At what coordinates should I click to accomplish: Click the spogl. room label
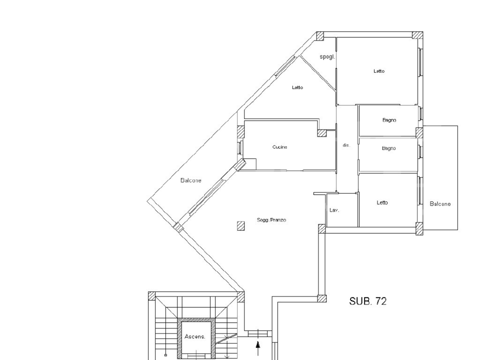pos(327,57)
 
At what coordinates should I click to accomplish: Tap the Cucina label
pos(279,147)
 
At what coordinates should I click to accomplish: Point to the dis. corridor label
pos(346,145)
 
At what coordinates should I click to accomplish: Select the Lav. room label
pos(334,210)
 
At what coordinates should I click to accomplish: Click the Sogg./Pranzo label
pos(271,220)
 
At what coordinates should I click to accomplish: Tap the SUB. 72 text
pos(367,301)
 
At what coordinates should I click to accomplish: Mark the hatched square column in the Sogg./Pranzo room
pos(241,226)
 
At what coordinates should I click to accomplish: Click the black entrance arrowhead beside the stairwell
pos(258,344)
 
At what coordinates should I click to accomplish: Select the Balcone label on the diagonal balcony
pos(191,180)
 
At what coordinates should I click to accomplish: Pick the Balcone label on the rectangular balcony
pos(440,204)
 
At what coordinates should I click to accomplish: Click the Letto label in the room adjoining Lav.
pos(382,203)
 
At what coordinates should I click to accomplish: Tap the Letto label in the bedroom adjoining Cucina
pos(297,88)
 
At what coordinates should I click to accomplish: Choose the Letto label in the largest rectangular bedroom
pos(379,71)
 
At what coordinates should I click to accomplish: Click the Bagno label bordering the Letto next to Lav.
pos(388,148)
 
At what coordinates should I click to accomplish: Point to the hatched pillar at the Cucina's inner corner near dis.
pos(321,133)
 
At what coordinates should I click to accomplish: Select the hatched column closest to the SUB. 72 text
pos(322,299)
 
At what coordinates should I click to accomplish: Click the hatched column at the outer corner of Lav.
pos(322,229)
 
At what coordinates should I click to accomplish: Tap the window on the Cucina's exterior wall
pos(241,148)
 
